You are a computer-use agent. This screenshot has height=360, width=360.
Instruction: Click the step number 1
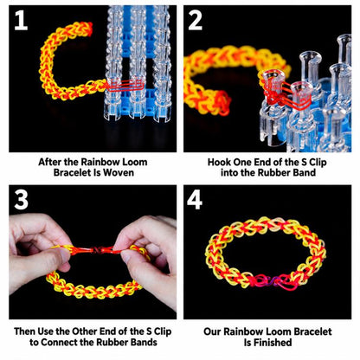(x=21, y=20)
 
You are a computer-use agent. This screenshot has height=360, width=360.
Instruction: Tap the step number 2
(x=196, y=20)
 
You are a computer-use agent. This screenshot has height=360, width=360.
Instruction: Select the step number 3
(x=21, y=200)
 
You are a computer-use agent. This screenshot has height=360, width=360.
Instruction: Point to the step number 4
(x=195, y=200)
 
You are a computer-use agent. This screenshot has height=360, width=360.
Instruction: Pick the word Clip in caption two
(x=318, y=162)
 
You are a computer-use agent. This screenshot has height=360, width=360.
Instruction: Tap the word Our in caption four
(x=212, y=331)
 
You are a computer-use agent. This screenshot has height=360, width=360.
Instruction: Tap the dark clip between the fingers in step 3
(x=98, y=250)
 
